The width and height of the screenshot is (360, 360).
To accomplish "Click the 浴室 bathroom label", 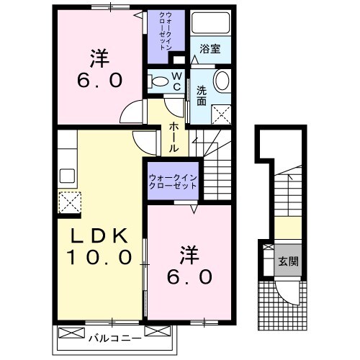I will [210, 48].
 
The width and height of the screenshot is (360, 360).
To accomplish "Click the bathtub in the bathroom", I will [211, 26].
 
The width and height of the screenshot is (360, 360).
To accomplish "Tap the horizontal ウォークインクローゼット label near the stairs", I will [174, 180].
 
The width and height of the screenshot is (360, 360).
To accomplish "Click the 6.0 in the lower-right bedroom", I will [189, 276].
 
